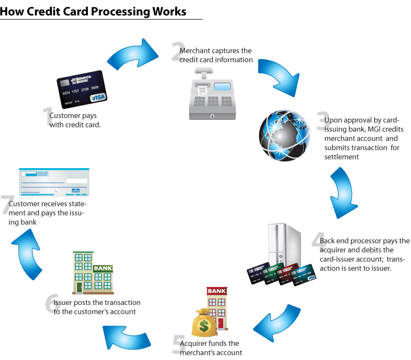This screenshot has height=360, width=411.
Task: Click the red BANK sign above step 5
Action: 217,292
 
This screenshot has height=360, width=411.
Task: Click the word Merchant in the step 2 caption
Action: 194,51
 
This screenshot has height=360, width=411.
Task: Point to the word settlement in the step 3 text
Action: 341,157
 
